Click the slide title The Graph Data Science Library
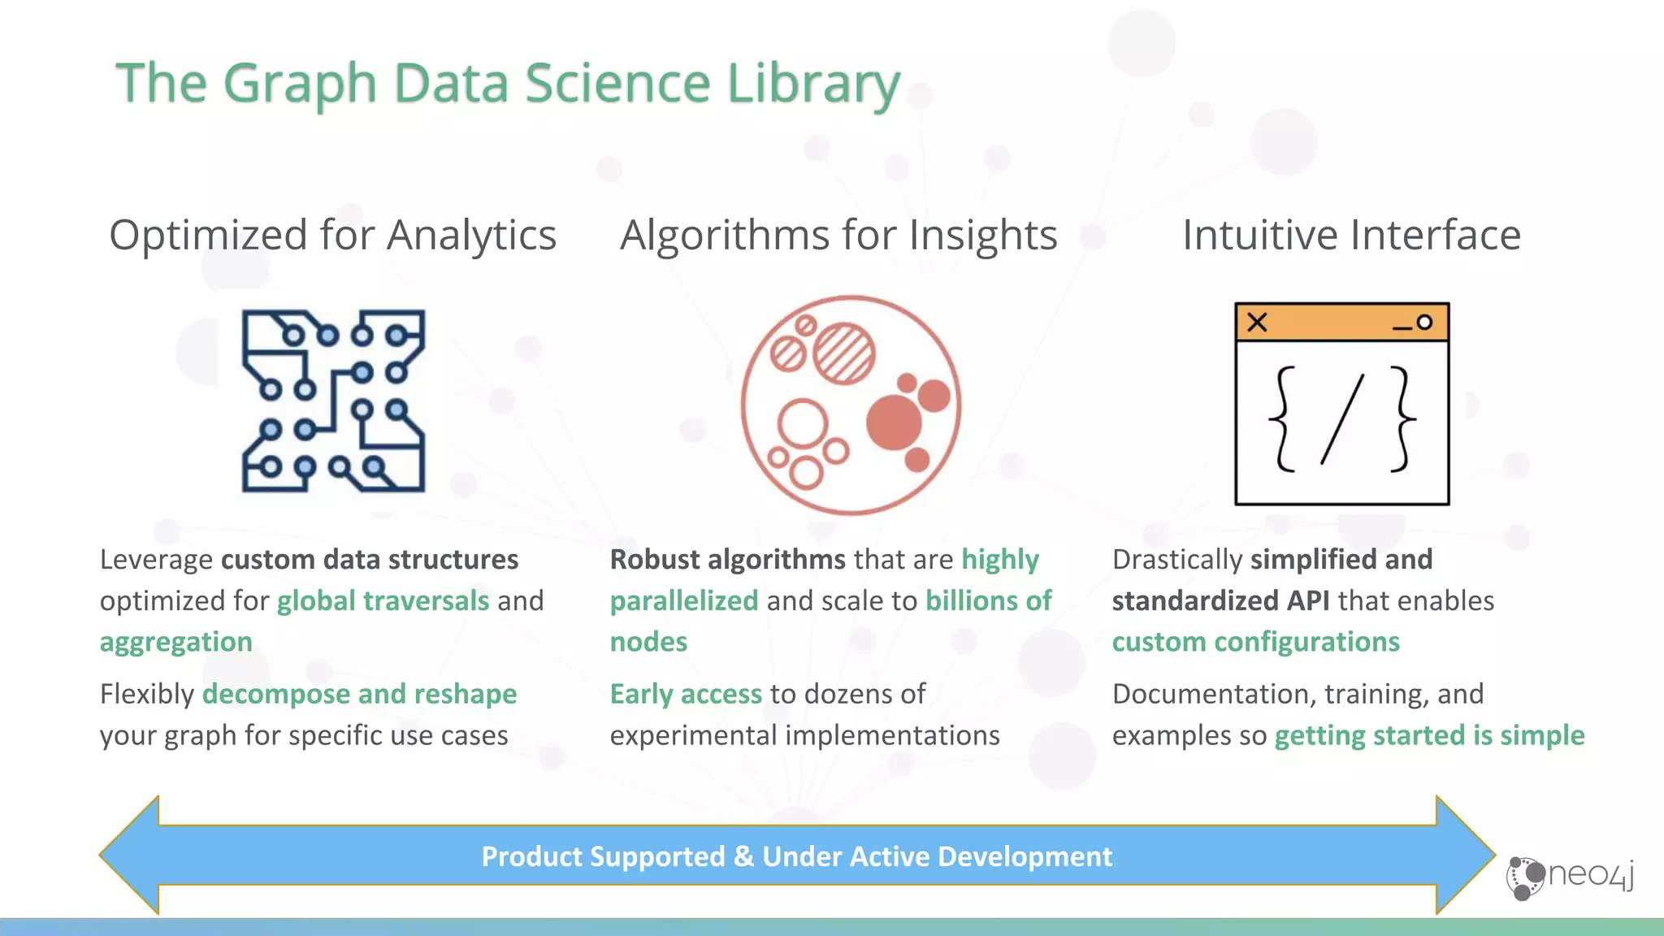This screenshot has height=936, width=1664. [508, 84]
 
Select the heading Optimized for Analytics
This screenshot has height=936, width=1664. [332, 236]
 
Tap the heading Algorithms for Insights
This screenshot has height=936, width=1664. [838, 236]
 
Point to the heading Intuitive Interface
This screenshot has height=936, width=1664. [1351, 236]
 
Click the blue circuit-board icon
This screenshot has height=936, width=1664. [333, 401]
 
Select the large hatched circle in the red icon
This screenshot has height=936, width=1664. [844, 353]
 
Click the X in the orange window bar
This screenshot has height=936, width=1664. [1257, 323]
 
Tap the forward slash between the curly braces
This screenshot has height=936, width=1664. [1342, 419]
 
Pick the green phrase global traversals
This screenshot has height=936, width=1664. [383, 601]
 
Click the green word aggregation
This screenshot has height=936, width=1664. [176, 643]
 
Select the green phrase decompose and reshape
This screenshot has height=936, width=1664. [359, 695]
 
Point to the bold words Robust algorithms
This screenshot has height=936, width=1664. [727, 560]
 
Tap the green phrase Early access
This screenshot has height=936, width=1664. [686, 695]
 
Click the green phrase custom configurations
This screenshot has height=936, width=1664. [1255, 643]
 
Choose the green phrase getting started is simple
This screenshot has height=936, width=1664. [1429, 736]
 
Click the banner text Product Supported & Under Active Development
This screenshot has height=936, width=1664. [796, 857]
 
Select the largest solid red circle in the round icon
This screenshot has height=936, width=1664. [894, 422]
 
